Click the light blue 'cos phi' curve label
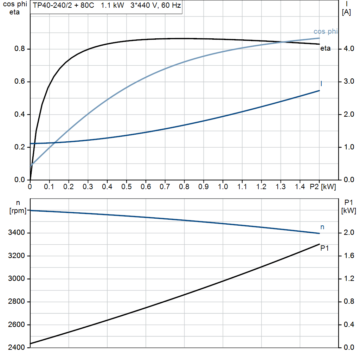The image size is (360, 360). [x=325, y=32]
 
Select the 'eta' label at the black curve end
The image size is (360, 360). [x=325, y=49]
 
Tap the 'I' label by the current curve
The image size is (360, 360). [x=321, y=84]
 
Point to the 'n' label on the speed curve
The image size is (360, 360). [x=322, y=227]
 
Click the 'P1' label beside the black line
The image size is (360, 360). [x=324, y=248]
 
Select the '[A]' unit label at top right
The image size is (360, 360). [x=346, y=12]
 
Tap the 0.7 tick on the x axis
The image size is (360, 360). [x=165, y=187]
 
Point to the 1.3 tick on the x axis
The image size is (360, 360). [x=280, y=187]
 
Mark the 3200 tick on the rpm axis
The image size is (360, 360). [x=17, y=256]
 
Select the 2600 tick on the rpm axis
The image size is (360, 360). [x=17, y=324]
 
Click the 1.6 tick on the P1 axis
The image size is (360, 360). [x=348, y=256]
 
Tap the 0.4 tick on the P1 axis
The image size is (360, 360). [x=348, y=324]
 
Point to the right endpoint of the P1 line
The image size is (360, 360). [x=319, y=244]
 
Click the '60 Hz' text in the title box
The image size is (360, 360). [x=171, y=6]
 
